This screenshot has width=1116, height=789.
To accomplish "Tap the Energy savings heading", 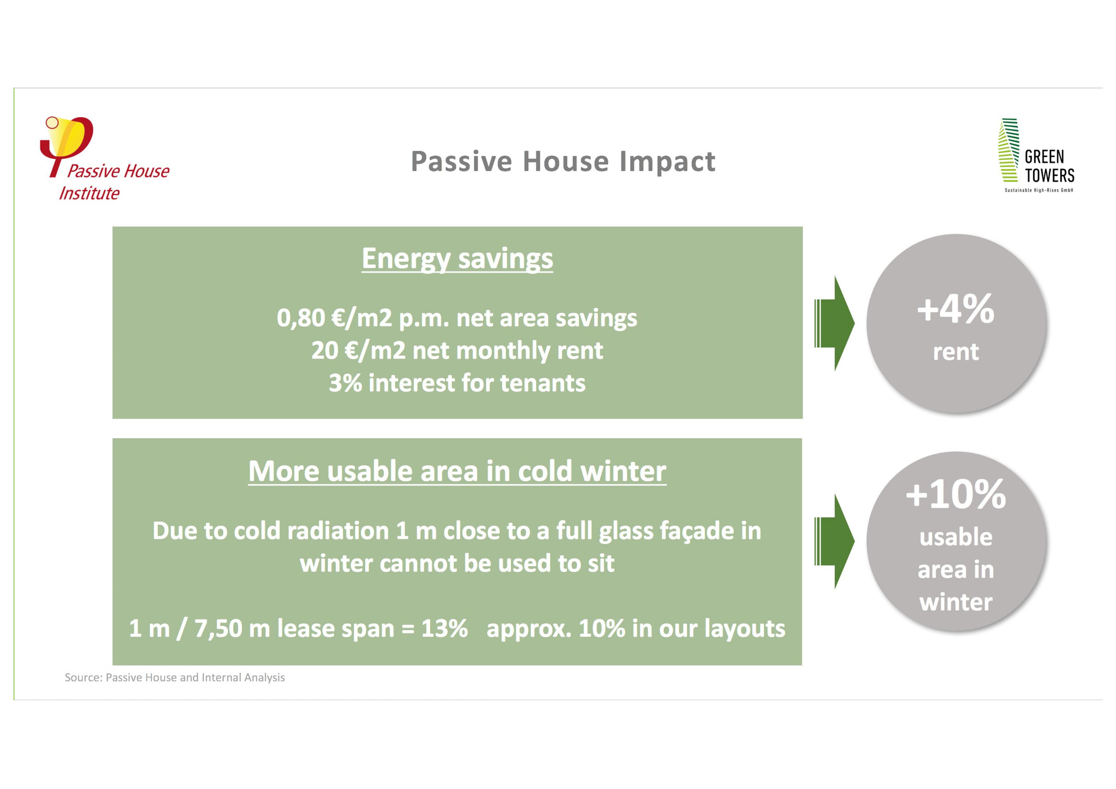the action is [x=457, y=259].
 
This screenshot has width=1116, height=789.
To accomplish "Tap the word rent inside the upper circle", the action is [x=956, y=352].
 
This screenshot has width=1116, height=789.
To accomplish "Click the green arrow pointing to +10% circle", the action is [x=834, y=541].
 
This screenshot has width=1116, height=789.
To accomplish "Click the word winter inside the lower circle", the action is [x=956, y=603].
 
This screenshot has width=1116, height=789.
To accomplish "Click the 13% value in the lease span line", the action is [x=444, y=629].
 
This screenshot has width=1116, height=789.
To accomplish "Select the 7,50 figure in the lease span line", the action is [x=218, y=629].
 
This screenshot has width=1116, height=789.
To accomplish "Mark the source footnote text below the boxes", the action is [x=175, y=678].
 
